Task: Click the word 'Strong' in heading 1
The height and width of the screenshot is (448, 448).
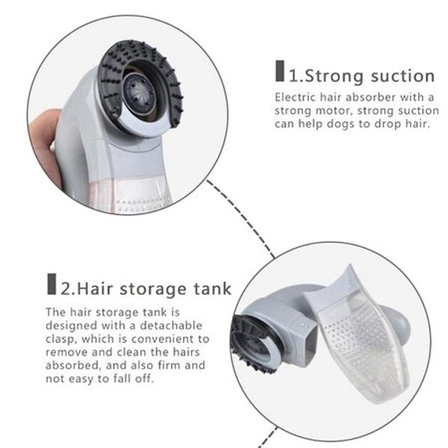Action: [x=335, y=76]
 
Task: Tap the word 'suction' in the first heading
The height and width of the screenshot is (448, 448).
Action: [x=403, y=76]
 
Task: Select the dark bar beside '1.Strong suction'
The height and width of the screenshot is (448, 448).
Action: [x=280, y=71]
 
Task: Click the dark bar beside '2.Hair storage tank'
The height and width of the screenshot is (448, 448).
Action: [x=52, y=284]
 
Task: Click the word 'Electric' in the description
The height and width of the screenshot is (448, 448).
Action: [x=295, y=98]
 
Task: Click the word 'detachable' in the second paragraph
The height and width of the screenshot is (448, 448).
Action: [x=171, y=326]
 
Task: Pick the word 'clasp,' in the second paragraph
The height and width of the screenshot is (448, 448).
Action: [x=62, y=338]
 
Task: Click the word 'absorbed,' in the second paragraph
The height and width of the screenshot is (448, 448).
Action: [x=73, y=365]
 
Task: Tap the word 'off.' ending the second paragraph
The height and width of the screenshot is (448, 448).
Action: [x=144, y=378]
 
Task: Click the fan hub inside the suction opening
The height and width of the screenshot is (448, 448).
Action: [x=137, y=91]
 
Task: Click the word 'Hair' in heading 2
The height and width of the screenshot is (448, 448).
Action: [x=95, y=289]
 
